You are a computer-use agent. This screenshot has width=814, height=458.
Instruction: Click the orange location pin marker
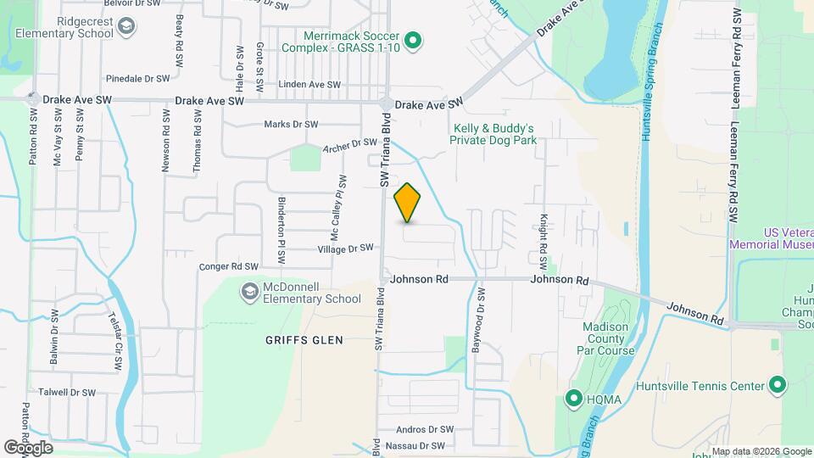(408, 203)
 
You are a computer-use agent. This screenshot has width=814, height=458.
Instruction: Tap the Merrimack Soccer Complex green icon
(413, 40)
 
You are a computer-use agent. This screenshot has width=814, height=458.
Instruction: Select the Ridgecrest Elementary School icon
(126, 28)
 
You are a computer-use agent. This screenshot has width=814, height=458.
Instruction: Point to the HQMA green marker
(574, 397)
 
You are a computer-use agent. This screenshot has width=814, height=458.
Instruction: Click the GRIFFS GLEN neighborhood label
(303, 340)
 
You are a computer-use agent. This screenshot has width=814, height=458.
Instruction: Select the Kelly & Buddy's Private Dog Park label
(493, 134)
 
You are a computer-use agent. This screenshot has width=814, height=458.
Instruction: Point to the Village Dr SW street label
(345, 249)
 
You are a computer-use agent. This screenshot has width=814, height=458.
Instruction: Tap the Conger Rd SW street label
(227, 265)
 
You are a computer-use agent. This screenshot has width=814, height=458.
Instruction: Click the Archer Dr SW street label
(349, 147)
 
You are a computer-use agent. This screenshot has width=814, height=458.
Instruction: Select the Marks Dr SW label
(291, 124)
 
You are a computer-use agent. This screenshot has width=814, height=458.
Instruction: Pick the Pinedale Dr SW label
(139, 78)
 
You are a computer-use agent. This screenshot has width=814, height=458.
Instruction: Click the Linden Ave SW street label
(309, 85)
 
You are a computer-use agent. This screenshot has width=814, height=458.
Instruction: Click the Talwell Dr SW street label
(67, 393)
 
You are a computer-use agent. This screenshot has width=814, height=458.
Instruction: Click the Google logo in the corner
(28, 447)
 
